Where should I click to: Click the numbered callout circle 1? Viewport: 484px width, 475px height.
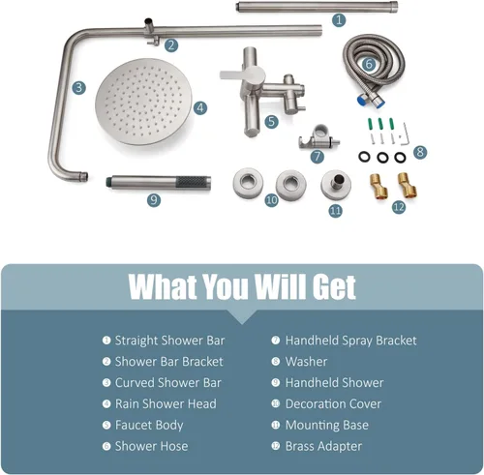pyautogui.click(x=339, y=20)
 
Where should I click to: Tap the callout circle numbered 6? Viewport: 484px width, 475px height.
pyautogui.click(x=369, y=64)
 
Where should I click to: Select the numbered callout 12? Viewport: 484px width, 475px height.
pyautogui.click(x=399, y=207)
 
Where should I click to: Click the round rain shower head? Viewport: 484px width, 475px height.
pyautogui.click(x=143, y=103)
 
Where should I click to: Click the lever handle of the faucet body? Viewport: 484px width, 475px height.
pyautogui.click(x=238, y=74)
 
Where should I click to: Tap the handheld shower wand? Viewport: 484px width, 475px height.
pyautogui.click(x=159, y=183)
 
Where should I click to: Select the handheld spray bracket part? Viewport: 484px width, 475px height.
pyautogui.click(x=318, y=138)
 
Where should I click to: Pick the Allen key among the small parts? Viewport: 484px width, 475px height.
pyautogui.click(x=405, y=134)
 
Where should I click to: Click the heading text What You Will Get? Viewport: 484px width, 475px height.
pyautogui.click(x=242, y=286)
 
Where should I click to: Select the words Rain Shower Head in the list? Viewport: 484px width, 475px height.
pyautogui.click(x=166, y=403)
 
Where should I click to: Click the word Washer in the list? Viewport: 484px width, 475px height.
pyautogui.click(x=306, y=362)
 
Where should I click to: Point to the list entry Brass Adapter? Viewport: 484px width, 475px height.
pyautogui.click(x=323, y=446)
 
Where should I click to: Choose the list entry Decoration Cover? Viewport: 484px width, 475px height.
pyautogui.click(x=333, y=403)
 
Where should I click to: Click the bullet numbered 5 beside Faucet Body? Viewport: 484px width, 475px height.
pyautogui.click(x=106, y=425)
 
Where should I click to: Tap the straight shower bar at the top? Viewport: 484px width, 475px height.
pyautogui.click(x=317, y=7)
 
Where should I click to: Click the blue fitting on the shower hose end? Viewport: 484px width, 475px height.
pyautogui.click(x=362, y=101)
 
